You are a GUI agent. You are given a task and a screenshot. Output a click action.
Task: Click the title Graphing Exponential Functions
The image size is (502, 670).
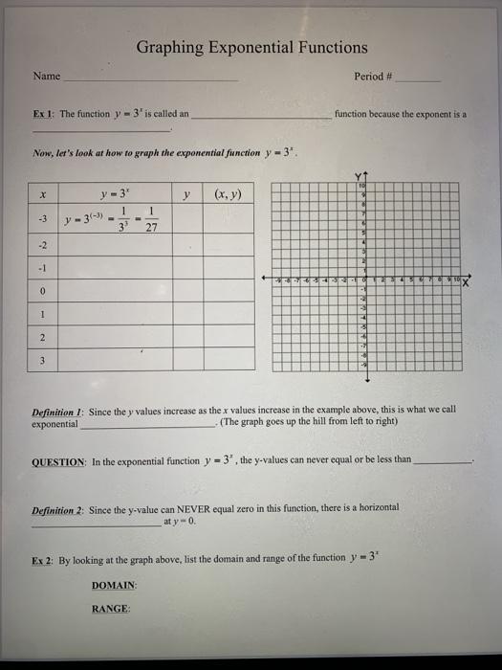tap(251, 48)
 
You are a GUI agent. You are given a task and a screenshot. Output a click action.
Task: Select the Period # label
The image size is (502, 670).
tap(374, 77)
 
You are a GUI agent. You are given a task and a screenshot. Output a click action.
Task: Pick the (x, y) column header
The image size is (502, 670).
tap(229, 194)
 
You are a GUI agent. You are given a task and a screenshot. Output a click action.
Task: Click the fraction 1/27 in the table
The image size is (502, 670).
tap(149, 218)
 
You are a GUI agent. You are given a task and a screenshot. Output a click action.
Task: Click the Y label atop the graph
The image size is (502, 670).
tap(362, 176)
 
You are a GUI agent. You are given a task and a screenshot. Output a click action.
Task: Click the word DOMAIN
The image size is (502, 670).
tap(115, 584)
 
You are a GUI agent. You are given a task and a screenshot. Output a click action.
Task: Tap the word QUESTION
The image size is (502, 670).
tap(59, 459)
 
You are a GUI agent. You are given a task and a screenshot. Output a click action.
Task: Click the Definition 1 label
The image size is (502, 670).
tap(59, 409)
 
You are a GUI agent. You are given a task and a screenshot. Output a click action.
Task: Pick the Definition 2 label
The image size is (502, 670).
tap(59, 510)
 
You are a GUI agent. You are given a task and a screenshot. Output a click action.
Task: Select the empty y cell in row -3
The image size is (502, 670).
tap(188, 218)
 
